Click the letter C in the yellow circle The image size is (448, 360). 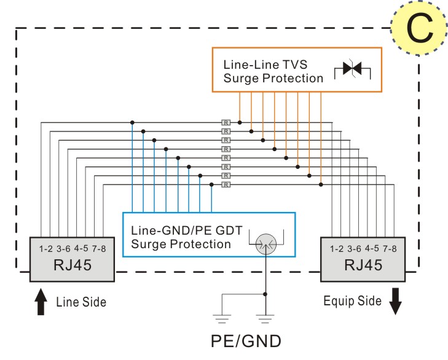click(x=420, y=29)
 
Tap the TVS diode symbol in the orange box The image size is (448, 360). click(x=352, y=69)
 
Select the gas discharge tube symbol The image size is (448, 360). click(x=266, y=244)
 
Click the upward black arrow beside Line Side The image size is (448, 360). click(x=41, y=302)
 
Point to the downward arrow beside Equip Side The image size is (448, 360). click(x=395, y=301)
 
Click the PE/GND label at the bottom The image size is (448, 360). click(x=246, y=341)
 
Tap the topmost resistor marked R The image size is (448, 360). click(x=226, y=123)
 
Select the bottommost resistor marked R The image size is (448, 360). click(x=226, y=185)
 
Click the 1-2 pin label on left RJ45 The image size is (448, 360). click(x=45, y=249)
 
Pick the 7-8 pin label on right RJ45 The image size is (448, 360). click(x=390, y=249)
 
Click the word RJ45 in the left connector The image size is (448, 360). click(x=73, y=265)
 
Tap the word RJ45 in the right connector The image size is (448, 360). click(x=363, y=265)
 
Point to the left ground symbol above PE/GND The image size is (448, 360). click(x=222, y=319)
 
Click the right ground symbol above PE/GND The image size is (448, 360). click(x=265, y=319)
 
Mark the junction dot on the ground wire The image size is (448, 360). click(x=265, y=294)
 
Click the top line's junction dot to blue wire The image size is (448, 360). click(x=132, y=123)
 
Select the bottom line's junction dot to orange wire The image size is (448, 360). click(x=321, y=184)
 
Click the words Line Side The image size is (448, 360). click(x=81, y=302)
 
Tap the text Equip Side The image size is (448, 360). click(x=352, y=301)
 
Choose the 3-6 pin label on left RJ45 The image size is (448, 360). click(x=63, y=249)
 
